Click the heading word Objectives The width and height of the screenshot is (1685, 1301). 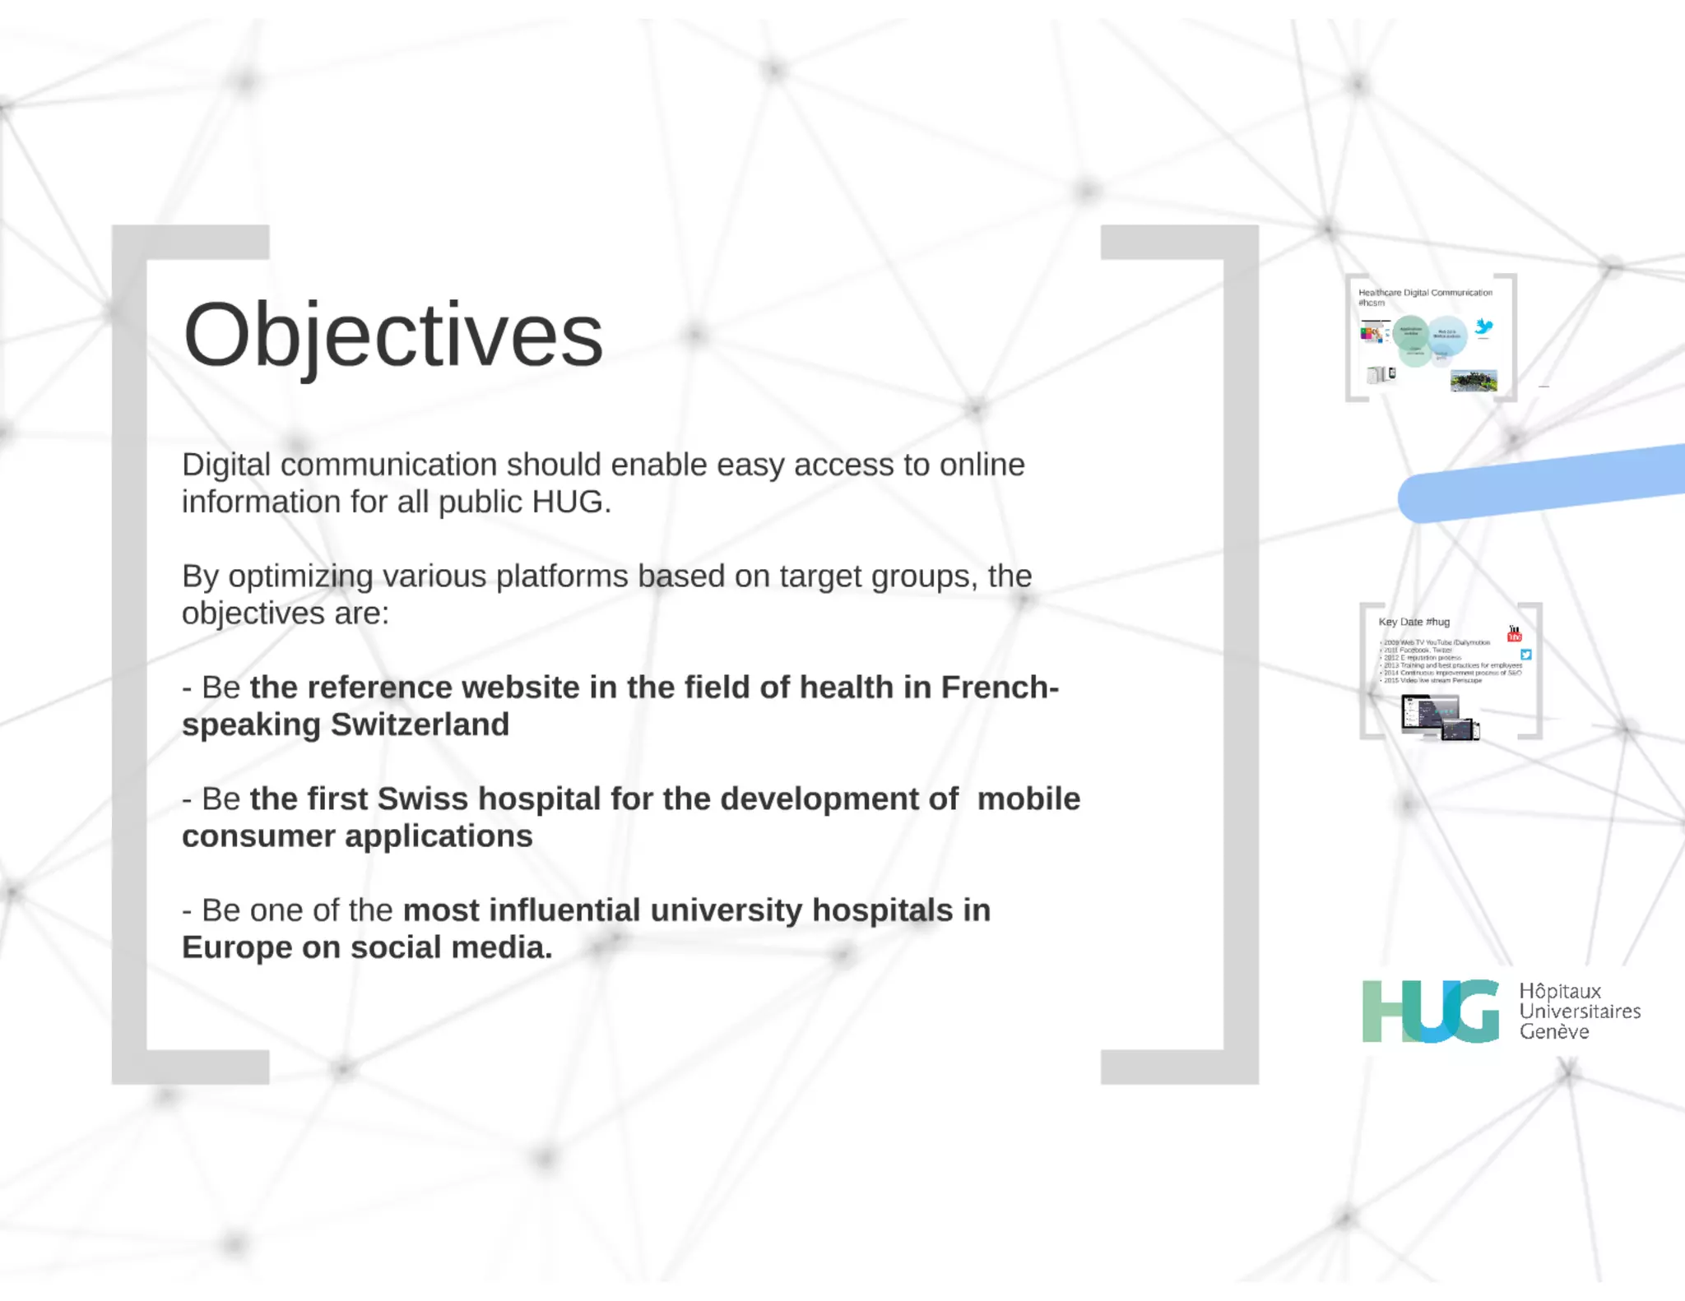click(392, 335)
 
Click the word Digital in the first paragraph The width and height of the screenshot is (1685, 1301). click(225, 465)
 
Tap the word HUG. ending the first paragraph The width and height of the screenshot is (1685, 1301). click(571, 502)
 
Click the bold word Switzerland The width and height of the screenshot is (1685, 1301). click(420, 725)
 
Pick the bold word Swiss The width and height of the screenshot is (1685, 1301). click(422, 799)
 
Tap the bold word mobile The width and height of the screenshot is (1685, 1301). click(1028, 799)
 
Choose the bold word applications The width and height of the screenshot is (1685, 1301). click(439, 836)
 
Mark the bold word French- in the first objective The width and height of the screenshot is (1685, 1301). click(1000, 688)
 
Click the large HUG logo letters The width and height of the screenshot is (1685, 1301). click(1430, 1011)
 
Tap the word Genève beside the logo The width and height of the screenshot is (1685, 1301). click(1554, 1032)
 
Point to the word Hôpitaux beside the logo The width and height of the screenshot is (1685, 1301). click(1560, 991)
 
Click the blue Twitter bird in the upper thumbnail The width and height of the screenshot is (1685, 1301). click(1484, 327)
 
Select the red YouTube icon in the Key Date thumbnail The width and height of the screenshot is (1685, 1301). click(1514, 634)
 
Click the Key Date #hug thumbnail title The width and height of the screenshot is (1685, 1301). click(1413, 623)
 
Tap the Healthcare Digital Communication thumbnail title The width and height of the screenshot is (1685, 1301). click(1425, 293)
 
